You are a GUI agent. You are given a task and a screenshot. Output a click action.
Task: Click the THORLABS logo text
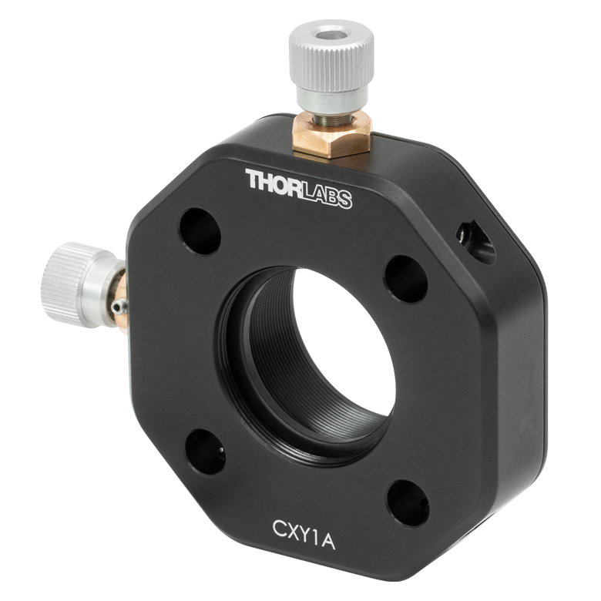point(299,189)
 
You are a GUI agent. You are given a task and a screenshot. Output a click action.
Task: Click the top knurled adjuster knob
point(331,58)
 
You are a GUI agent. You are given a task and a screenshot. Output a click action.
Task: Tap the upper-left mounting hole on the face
point(200,231)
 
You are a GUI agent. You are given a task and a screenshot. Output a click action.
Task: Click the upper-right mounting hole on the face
point(406,280)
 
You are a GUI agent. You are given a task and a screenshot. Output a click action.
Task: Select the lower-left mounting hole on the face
point(205,452)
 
